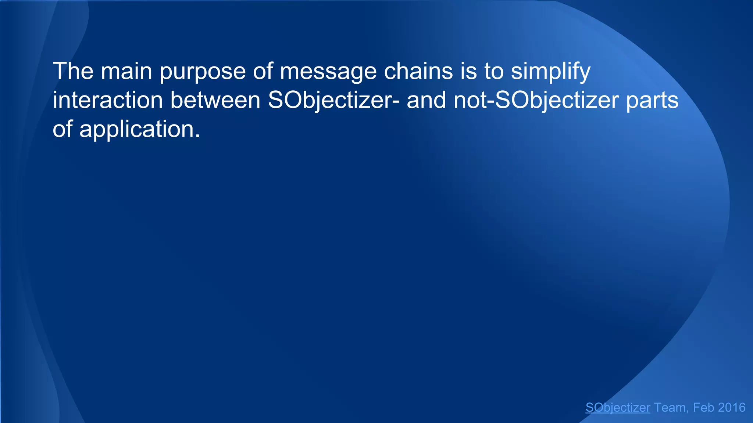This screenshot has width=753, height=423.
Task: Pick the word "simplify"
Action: (550, 72)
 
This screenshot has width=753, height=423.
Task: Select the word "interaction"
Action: (107, 100)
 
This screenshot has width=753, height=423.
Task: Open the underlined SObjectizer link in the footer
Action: (618, 408)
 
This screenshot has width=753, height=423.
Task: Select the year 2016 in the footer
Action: (731, 408)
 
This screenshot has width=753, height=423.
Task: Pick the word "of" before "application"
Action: (63, 129)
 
